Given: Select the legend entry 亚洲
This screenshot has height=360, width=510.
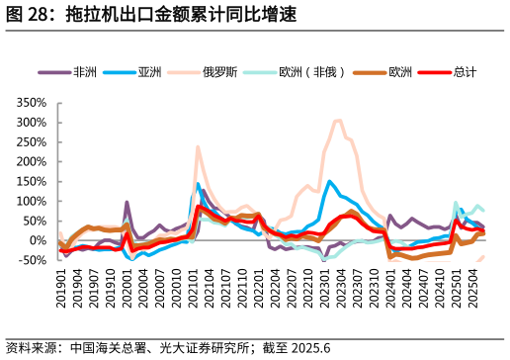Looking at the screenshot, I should click(149, 72).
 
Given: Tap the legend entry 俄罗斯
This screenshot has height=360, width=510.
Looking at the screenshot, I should click(217, 72).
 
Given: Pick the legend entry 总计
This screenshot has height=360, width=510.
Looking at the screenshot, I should click(464, 72).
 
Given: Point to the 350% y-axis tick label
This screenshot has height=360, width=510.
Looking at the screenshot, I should click(32, 102).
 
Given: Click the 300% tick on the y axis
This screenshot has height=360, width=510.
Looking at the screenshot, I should click(32, 122).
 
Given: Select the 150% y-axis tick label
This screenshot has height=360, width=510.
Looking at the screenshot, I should click(32, 181).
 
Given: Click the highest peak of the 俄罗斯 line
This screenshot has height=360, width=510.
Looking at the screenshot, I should click(338, 121).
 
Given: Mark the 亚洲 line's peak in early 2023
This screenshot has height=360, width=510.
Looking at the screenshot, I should click(330, 181).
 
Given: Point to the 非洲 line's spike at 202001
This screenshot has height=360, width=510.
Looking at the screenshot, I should click(127, 202).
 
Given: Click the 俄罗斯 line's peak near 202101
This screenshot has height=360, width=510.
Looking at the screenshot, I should click(198, 146).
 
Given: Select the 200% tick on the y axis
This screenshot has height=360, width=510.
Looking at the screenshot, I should click(32, 161).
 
